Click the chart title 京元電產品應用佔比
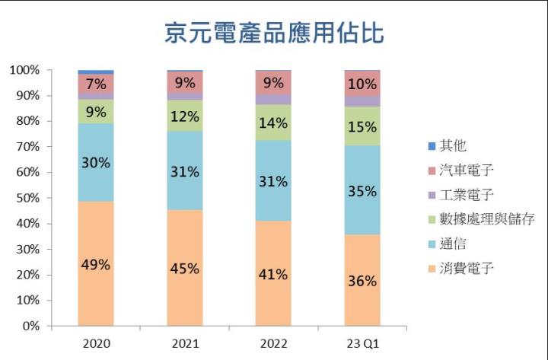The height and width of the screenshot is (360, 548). [x=274, y=33]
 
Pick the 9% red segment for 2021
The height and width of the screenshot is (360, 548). [x=184, y=82]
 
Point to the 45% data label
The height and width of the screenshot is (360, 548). [x=184, y=268]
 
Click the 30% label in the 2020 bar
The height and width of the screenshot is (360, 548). [x=96, y=162]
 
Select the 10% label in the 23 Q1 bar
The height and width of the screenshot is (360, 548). [x=362, y=84]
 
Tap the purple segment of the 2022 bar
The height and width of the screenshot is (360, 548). [x=273, y=99]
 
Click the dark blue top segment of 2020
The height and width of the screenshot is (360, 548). [x=95, y=72]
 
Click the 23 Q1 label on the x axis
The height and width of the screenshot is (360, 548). [x=362, y=343]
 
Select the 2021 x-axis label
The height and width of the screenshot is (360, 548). [x=184, y=343]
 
